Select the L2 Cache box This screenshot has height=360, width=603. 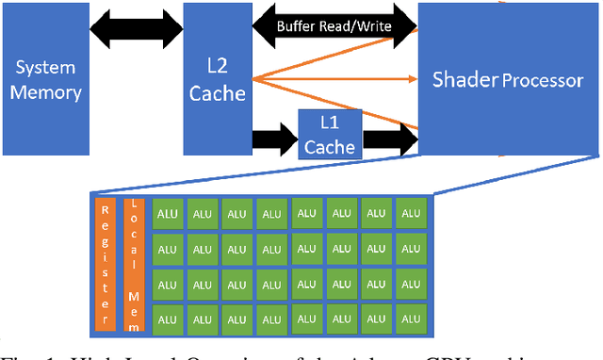pos(217,79)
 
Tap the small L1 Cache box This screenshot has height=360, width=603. pos(330,134)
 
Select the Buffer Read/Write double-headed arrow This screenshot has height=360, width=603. pos(334,26)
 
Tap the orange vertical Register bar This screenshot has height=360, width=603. pos(106,264)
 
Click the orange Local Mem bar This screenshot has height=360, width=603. pos(135,264)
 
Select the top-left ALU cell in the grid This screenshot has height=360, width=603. pos(168,215)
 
